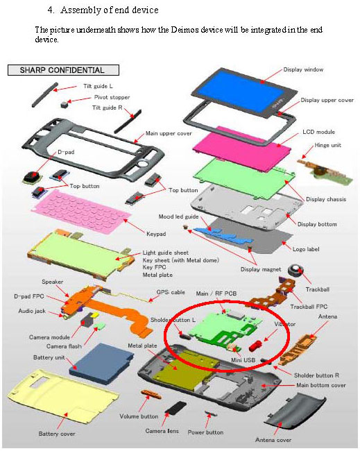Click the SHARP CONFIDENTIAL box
(x=63, y=70)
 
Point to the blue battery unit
(x=101, y=364)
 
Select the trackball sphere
(x=295, y=271)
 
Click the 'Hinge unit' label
(x=327, y=145)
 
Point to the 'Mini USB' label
(x=243, y=360)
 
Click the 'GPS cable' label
(x=171, y=292)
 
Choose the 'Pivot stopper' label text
(x=112, y=97)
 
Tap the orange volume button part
(x=151, y=394)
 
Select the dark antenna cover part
(x=295, y=414)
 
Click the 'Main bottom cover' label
(x=321, y=385)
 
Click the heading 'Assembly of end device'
(x=110, y=10)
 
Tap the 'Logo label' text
(x=306, y=249)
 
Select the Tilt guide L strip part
(x=45, y=94)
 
